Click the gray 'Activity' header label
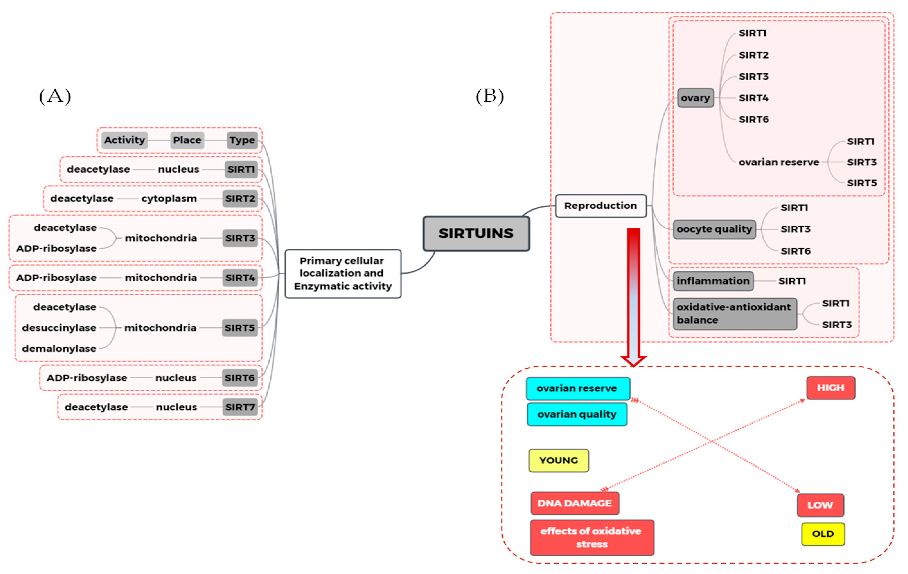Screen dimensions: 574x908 point(124,140)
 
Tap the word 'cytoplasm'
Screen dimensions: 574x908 point(169,199)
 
